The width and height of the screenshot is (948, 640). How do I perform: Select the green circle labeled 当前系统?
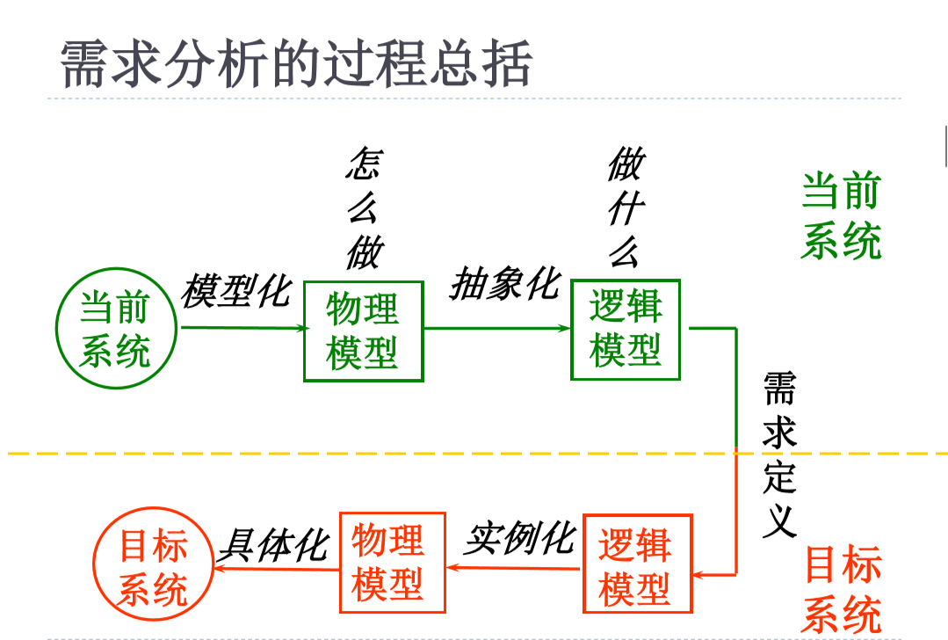pyautogui.click(x=115, y=330)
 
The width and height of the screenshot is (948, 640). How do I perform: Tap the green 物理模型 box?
pyautogui.click(x=363, y=331)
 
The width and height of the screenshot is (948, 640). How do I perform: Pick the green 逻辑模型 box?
pyautogui.click(x=626, y=330)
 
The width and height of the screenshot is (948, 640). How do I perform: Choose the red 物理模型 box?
pyautogui.click(x=387, y=563)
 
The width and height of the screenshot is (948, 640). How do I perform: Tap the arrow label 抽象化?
pyautogui.click(x=504, y=285)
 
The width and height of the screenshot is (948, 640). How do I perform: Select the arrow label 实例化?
pyautogui.click(x=519, y=538)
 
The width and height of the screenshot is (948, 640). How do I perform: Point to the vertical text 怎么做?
pyautogui.click(x=364, y=208)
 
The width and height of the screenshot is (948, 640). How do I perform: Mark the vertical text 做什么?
pyautogui.click(x=626, y=208)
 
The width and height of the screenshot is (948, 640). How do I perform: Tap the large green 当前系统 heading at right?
pyautogui.click(x=841, y=215)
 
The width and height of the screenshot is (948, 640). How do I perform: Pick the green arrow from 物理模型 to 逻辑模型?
pyautogui.click(x=496, y=329)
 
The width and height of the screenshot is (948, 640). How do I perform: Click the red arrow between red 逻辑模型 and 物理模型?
pyautogui.click(x=513, y=569)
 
